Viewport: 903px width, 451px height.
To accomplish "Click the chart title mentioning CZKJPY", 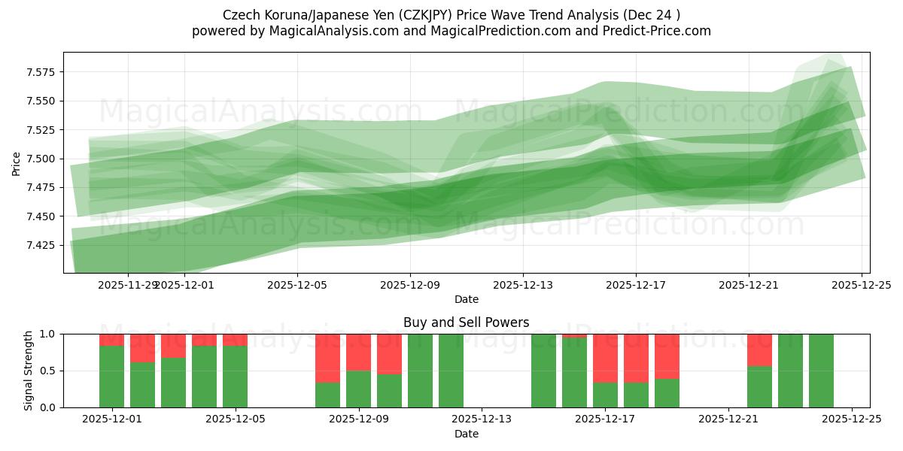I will (x=451, y=15).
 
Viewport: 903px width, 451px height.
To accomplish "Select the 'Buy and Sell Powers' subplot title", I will (x=466, y=322).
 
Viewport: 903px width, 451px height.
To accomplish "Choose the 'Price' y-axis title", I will (x=17, y=162).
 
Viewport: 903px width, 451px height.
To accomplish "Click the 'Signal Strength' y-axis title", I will (x=28, y=371).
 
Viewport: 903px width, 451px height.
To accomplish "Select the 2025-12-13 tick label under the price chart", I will (x=523, y=285).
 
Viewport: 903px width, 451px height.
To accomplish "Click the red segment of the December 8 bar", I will (x=327, y=358).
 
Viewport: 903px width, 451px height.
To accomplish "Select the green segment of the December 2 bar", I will (x=142, y=385).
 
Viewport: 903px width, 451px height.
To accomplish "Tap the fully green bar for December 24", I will (x=821, y=371).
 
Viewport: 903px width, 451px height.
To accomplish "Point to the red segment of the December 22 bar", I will (x=759, y=350).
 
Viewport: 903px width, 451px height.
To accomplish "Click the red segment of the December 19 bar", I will (x=667, y=356).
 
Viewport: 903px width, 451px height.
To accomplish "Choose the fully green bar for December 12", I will (x=451, y=371).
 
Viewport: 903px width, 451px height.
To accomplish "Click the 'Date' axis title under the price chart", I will (x=466, y=299).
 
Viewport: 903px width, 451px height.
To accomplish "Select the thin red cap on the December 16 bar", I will (x=574, y=336).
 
